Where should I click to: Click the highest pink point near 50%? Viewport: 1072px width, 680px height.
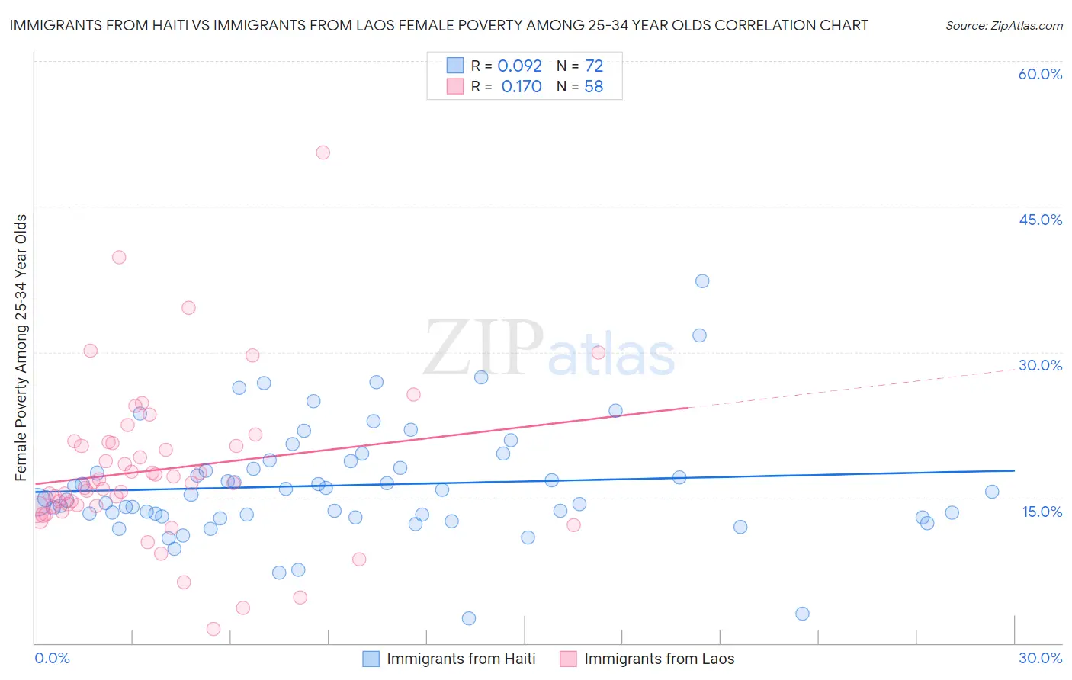[323, 152]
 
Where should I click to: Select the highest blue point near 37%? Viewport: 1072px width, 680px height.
[702, 281]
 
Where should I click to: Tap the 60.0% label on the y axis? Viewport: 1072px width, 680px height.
[1040, 74]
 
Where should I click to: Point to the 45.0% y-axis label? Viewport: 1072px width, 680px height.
[1040, 220]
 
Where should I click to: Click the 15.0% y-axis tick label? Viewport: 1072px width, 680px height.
[1042, 512]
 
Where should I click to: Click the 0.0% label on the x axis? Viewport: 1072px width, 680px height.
[52, 658]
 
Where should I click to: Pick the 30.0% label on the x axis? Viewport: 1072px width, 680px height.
[1040, 658]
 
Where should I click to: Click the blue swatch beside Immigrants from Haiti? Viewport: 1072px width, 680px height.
[371, 659]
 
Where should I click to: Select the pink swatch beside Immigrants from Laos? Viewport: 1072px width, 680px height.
[568, 659]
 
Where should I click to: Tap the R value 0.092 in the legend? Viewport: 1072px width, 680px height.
[519, 66]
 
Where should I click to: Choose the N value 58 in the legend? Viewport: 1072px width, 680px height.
[593, 87]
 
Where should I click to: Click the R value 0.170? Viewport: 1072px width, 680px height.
[522, 87]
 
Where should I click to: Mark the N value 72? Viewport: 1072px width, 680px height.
[594, 66]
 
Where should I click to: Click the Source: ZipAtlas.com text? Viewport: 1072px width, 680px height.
[1003, 25]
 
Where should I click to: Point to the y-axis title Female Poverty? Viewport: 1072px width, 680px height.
[21, 348]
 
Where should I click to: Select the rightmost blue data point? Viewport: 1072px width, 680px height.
[992, 492]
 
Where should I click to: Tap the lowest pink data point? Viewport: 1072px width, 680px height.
[213, 629]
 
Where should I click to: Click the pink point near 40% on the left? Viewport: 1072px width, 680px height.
[119, 257]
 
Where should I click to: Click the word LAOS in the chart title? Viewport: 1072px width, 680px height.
[403, 25]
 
